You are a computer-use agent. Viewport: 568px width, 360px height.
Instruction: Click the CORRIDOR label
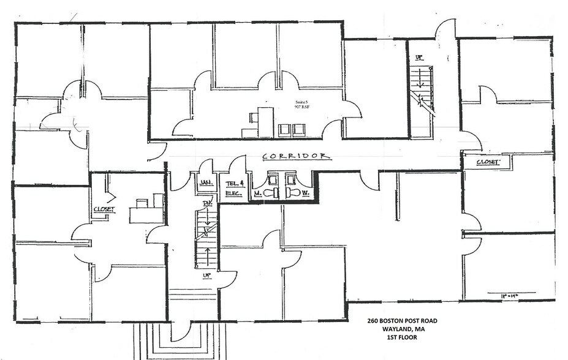click(x=297, y=157)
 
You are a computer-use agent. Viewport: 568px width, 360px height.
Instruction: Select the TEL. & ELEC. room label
click(x=233, y=187)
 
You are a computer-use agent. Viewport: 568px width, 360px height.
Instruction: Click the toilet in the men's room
click(x=273, y=192)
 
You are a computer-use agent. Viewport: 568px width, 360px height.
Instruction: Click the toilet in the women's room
click(x=293, y=192)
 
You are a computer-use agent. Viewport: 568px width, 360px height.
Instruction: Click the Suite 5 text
click(x=300, y=103)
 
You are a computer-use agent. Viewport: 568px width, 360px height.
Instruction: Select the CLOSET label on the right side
click(x=487, y=163)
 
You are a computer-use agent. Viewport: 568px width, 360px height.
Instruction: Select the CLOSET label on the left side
click(x=104, y=209)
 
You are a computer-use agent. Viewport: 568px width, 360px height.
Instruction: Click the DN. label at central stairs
click(x=207, y=204)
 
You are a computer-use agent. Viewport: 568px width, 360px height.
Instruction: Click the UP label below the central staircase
click(x=207, y=276)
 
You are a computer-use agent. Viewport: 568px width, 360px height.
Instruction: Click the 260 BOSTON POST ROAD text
click(x=403, y=321)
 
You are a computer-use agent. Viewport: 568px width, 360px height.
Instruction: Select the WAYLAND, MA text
click(x=402, y=329)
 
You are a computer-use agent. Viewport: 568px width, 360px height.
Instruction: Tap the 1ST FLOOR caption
click(x=403, y=337)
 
